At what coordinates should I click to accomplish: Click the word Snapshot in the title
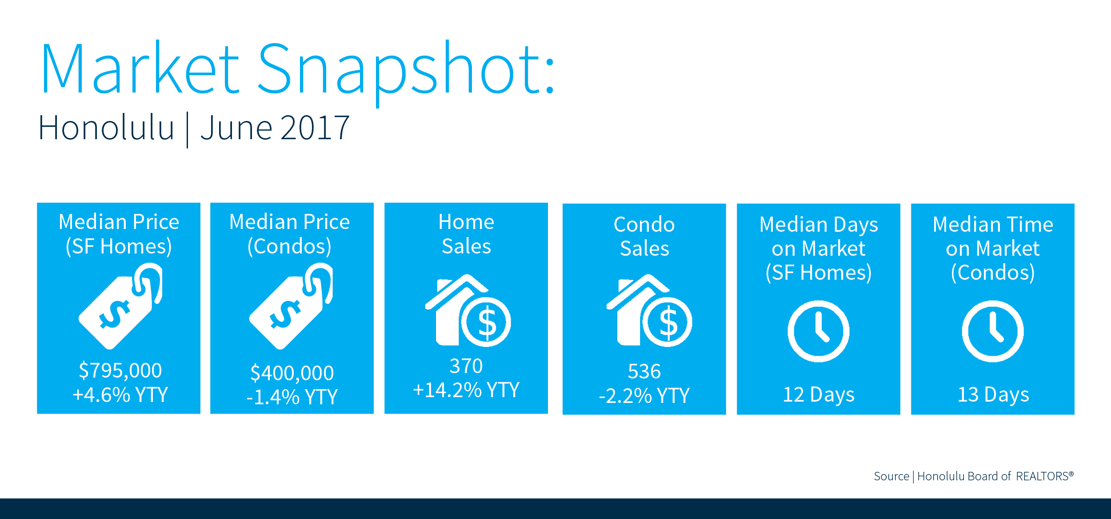tap(406, 72)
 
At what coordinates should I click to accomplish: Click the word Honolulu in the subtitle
tap(106, 128)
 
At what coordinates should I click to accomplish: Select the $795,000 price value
tap(120, 370)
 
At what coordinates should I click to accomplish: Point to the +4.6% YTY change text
tap(120, 394)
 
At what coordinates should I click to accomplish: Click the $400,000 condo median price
tap(292, 373)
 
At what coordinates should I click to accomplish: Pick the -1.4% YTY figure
tap(292, 397)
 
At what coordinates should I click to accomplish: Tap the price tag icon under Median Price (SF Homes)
tap(120, 306)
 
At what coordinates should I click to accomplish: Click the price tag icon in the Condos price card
tap(291, 306)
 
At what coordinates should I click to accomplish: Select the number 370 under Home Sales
tap(466, 366)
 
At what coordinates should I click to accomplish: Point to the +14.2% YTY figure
tap(466, 390)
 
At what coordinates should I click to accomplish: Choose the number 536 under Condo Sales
tap(644, 371)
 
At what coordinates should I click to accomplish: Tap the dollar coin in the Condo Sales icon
tap(667, 322)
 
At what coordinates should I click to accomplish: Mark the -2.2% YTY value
tap(644, 395)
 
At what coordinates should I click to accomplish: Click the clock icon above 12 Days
tap(819, 331)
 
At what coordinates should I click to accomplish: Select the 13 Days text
tap(993, 394)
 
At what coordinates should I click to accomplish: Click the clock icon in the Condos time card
tap(993, 331)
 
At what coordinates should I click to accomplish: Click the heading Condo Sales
tap(644, 236)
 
